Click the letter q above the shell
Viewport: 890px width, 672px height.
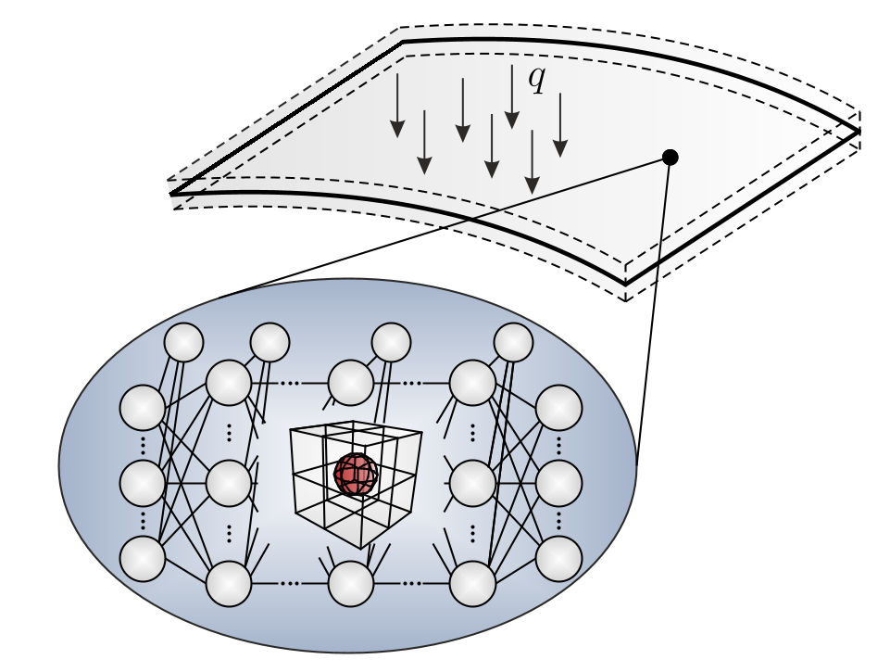coord(536,80)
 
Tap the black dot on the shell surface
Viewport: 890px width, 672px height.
coord(671,158)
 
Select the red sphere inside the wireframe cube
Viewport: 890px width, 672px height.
coord(356,475)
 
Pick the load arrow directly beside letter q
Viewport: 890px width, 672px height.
coord(511,96)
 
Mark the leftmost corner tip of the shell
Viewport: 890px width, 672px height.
coord(171,194)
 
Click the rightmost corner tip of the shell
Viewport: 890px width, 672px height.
coord(859,132)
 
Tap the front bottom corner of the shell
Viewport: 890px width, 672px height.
coord(625,284)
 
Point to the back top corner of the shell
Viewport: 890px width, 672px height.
coord(403,42)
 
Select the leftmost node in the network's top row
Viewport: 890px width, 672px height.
coord(183,343)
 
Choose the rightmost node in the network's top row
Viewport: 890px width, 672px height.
coord(513,343)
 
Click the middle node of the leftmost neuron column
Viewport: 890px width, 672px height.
coord(143,482)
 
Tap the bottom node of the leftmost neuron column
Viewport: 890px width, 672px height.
coord(143,558)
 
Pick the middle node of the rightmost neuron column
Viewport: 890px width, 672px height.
coord(558,482)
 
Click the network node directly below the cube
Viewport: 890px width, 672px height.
coord(351,584)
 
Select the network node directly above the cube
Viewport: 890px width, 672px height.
coord(351,383)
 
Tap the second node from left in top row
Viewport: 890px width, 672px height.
coord(270,343)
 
